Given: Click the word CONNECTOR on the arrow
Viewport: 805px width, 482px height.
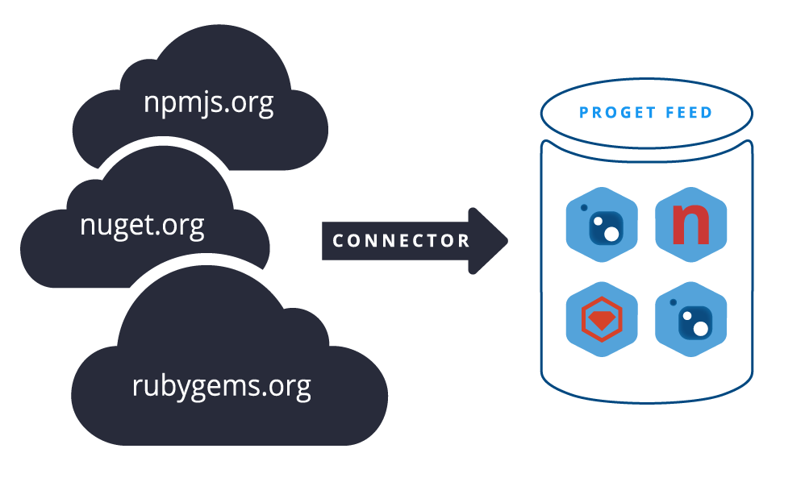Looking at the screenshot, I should pos(401,240).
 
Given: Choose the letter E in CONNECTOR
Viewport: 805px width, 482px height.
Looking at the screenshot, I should pos(406,240).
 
